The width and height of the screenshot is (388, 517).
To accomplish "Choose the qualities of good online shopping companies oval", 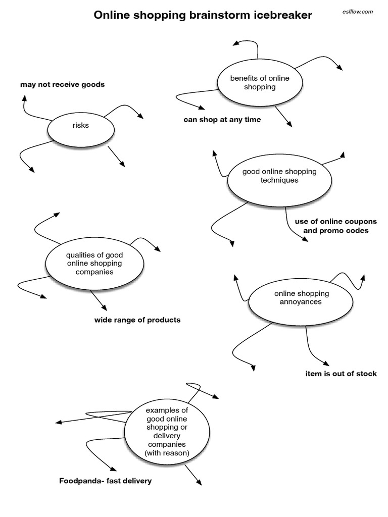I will (x=94, y=263).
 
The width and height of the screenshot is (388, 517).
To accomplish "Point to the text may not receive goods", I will (x=63, y=84).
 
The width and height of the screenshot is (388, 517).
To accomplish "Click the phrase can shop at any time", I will (x=222, y=120).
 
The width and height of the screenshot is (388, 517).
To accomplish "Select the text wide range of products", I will (x=137, y=320).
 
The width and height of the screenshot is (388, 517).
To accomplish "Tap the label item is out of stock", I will (x=341, y=374).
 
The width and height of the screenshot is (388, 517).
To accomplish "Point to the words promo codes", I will (x=349, y=231).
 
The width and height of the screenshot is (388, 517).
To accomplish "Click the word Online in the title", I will (x=113, y=16).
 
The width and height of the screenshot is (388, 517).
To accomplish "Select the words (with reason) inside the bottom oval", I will (x=167, y=453).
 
